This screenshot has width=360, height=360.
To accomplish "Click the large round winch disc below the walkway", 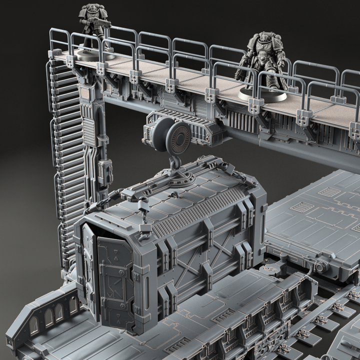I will tap(178, 137).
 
